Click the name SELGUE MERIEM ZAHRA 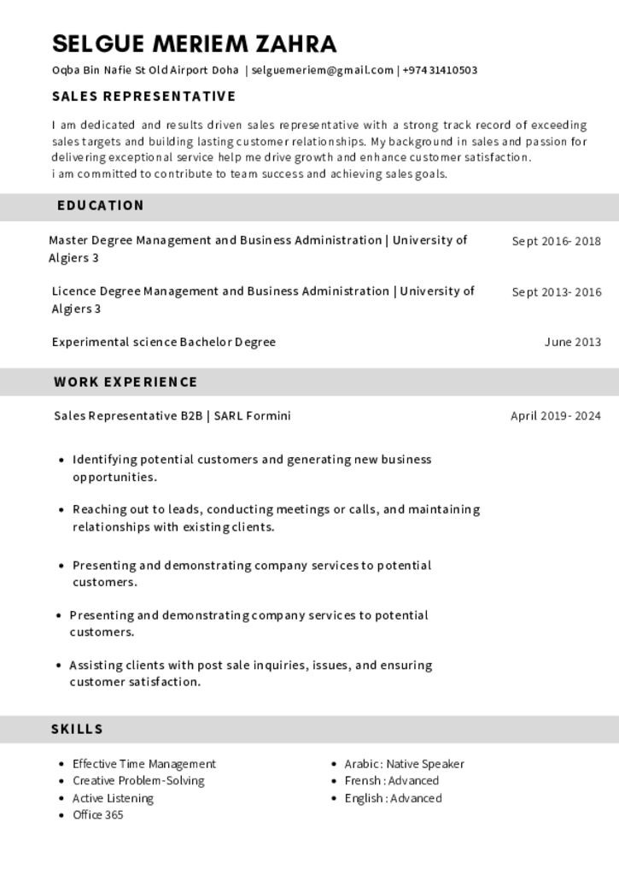194,44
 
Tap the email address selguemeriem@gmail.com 322,70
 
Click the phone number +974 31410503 440,70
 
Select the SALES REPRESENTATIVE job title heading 143,97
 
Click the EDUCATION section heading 101,206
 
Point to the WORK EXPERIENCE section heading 126,382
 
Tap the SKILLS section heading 77,729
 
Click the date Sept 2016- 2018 556,241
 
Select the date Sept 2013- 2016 556,292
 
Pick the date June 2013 572,343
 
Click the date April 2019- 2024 555,416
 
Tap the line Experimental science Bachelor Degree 163,342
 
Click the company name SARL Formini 252,416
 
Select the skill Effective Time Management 143,764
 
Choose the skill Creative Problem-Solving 138,780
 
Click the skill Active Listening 113,798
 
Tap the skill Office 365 97,814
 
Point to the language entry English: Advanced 393,798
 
